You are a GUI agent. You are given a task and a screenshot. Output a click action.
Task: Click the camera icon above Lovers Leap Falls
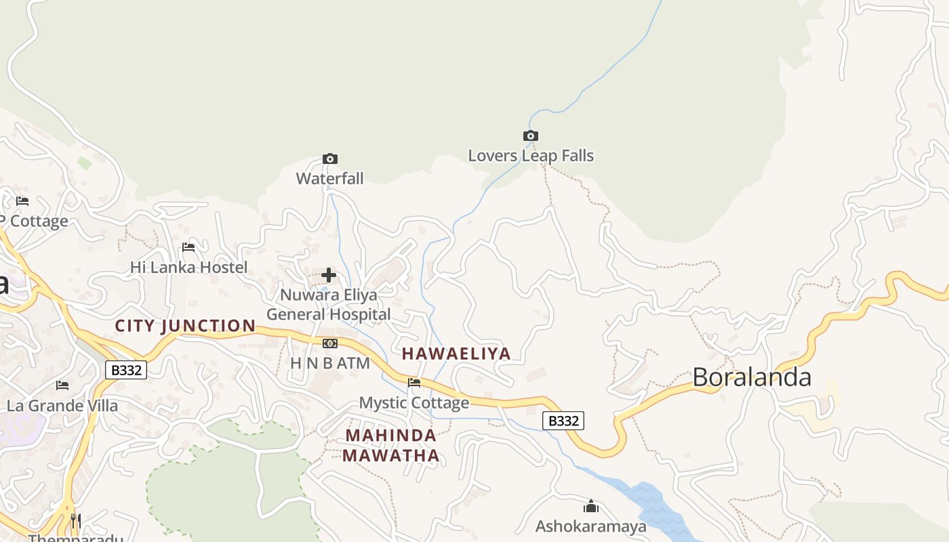point(531,136)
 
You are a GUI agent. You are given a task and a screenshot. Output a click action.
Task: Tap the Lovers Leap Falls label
point(531,156)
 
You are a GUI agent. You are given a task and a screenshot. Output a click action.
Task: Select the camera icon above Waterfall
point(330,159)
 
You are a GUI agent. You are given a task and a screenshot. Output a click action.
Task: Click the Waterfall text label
point(330,179)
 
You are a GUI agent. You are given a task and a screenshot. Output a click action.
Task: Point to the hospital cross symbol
point(329,275)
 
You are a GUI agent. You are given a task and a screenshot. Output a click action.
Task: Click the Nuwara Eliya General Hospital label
point(329,305)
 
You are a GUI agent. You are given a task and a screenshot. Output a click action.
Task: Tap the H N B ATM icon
point(330,343)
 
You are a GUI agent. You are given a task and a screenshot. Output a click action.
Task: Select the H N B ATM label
point(330,363)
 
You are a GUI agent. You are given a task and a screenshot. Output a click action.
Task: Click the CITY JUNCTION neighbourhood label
point(185,326)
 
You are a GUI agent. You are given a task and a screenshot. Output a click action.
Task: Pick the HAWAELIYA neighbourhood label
point(456,354)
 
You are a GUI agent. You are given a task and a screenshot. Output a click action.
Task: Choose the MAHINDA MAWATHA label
point(391,445)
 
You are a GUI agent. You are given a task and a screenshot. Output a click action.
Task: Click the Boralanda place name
point(752,377)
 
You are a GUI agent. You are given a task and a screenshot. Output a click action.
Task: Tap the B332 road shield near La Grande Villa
point(126,370)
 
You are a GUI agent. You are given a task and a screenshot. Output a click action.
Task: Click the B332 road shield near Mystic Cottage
point(563,421)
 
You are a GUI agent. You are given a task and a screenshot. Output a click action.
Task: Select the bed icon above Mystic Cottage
point(414,383)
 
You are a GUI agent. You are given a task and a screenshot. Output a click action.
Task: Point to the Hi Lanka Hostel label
point(188,268)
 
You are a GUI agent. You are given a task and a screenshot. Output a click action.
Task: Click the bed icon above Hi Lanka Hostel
point(188,247)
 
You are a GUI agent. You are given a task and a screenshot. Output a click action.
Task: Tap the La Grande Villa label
point(62,406)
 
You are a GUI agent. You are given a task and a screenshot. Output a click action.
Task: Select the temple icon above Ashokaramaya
point(591,506)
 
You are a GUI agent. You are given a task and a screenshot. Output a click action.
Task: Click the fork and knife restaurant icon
point(76,521)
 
